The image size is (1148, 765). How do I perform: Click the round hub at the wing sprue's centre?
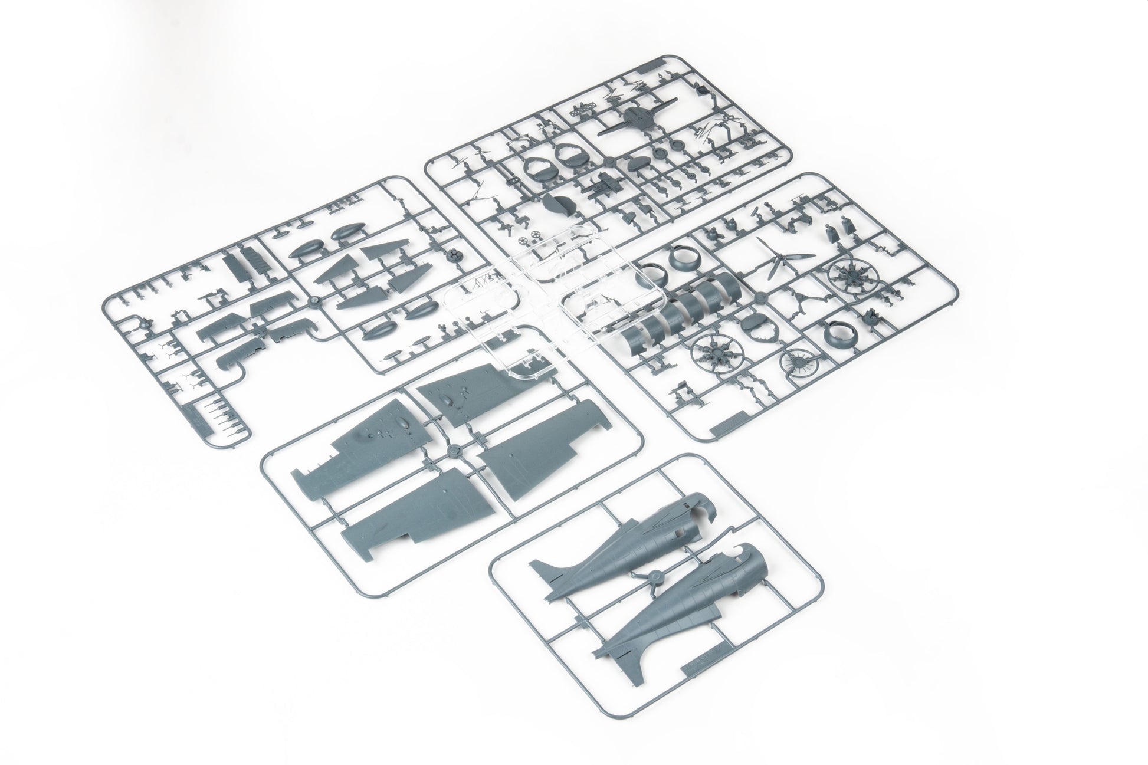(453, 451)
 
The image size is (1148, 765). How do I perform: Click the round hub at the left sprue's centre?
(313, 303)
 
